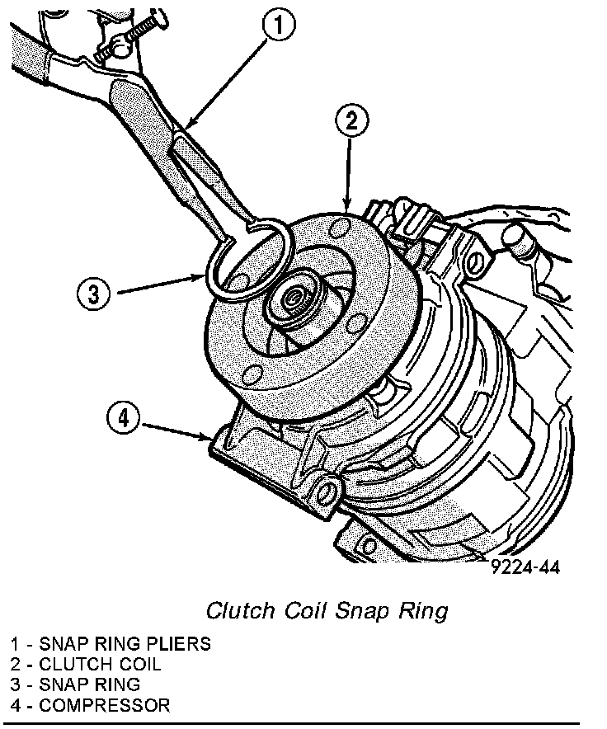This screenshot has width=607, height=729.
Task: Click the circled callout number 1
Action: coord(279,25)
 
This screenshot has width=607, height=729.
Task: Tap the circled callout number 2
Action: coord(352,121)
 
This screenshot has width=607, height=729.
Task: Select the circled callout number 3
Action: coord(94,294)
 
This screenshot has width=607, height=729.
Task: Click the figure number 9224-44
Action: coord(526,567)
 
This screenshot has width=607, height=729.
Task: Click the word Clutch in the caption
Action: coord(241,610)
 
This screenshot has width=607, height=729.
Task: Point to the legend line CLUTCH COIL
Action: coord(86,664)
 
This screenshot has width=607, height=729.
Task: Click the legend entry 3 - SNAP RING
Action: coord(75,684)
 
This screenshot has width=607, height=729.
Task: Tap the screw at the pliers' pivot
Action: coord(133,35)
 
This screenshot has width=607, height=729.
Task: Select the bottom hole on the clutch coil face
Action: coord(253,374)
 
